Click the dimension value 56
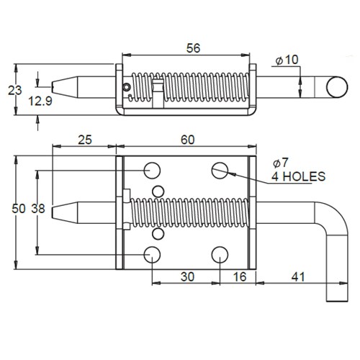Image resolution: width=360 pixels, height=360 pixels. coord(192,48)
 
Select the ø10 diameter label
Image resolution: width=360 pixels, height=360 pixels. coord(287,60)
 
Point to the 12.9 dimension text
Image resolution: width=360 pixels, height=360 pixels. coord(40,102)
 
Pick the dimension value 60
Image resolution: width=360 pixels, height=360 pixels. coord(189,139)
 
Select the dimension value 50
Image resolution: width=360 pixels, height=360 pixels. coord(17,210)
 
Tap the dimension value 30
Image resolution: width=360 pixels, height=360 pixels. coord(186,276)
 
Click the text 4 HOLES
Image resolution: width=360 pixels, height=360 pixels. coord(298,176)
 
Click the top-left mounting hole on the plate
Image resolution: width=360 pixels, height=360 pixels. coord(153,170)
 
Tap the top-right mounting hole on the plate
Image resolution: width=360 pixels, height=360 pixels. coord(220,170)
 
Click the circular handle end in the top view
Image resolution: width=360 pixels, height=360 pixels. coord(336,87)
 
